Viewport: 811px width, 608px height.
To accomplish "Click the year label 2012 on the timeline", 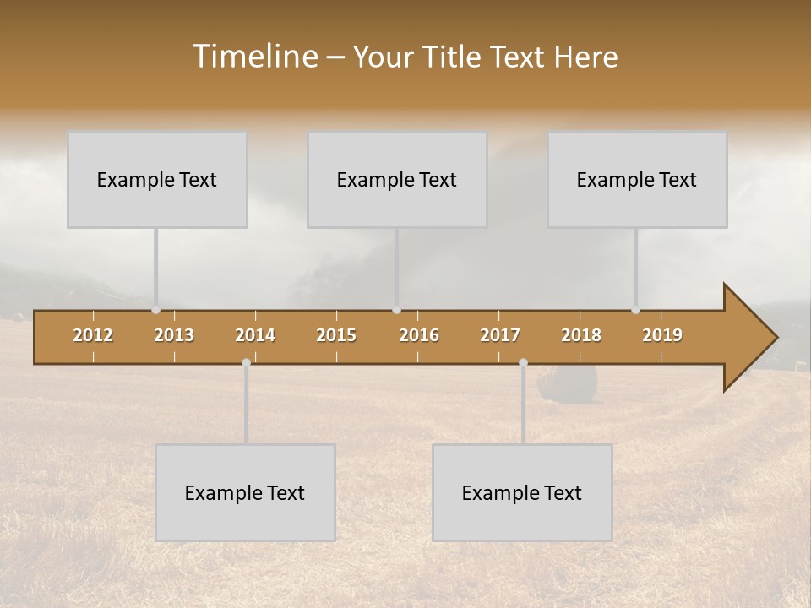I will tap(93, 335).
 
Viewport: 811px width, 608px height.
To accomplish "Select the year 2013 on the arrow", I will tap(174, 335).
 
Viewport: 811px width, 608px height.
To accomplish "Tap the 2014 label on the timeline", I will tap(255, 335).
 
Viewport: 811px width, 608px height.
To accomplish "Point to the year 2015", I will tap(336, 335).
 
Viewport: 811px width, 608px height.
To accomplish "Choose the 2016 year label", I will tap(419, 335).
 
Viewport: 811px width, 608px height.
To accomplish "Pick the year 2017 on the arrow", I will tap(500, 335).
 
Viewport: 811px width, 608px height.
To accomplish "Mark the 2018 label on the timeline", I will tap(581, 335).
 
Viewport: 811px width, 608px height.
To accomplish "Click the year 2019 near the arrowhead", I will tap(662, 335).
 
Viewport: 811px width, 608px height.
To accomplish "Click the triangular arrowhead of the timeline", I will tap(748, 338).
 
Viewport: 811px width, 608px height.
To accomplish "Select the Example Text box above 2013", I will tap(157, 180).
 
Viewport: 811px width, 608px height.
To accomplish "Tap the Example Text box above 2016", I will tap(397, 180).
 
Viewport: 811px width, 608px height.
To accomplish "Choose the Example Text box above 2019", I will tap(637, 180).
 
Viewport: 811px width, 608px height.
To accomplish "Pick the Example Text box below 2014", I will tap(245, 493).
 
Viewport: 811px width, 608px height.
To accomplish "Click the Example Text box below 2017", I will tap(522, 493).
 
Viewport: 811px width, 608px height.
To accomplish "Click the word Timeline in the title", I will tap(253, 57).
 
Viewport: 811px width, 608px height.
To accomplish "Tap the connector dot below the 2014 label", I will tap(246, 363).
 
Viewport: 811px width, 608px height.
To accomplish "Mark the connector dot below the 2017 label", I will tap(523, 363).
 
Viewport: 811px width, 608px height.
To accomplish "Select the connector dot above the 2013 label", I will tap(155, 310).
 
